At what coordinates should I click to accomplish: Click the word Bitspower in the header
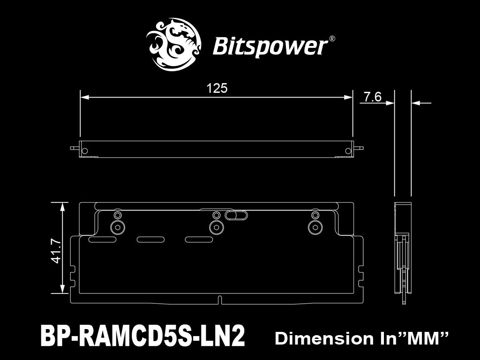tap(270, 46)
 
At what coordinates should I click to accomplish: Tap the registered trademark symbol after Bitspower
tap(332, 39)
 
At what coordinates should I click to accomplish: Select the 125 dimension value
tap(217, 88)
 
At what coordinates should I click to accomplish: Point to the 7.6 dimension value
tap(373, 97)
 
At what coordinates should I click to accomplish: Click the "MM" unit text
tap(425, 338)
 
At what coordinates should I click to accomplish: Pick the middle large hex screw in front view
tap(216, 227)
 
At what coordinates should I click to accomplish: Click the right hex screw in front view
tap(314, 227)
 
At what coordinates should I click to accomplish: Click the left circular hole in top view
tap(85, 151)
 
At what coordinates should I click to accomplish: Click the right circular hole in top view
tap(347, 151)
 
